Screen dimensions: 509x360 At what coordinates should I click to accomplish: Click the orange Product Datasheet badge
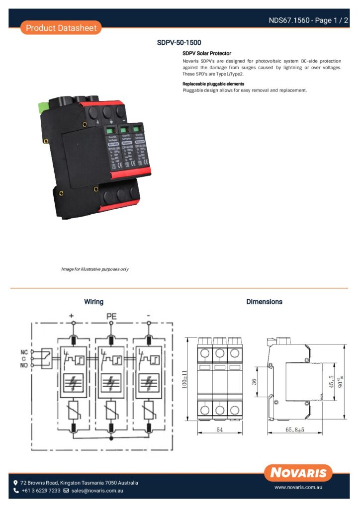61,28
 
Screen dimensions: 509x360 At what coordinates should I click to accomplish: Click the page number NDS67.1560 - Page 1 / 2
307,20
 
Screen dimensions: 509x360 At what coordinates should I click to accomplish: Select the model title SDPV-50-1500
179,43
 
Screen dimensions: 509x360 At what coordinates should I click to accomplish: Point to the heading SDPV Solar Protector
207,53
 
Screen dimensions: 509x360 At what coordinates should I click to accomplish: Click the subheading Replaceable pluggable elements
213,84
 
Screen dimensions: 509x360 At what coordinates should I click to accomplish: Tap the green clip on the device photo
41,105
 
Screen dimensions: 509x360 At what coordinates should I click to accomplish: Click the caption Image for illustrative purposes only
95,269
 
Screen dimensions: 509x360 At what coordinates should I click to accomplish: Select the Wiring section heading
93,302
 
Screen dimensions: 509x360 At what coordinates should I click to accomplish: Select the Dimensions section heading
264,302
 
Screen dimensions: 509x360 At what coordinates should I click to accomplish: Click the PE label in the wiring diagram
111,316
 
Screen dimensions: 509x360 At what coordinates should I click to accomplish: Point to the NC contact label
24,352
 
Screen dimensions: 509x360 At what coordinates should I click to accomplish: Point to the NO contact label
24,365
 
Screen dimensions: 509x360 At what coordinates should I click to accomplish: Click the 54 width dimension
219,429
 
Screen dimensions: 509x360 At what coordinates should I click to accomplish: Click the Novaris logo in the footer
299,472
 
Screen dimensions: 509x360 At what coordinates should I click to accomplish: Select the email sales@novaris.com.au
97,491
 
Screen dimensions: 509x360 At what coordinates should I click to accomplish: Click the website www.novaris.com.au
299,488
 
